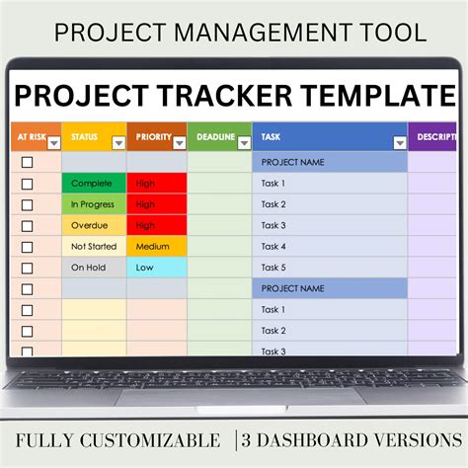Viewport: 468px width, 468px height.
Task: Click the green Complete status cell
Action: pyautogui.click(x=93, y=183)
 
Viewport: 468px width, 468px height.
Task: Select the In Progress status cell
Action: pyautogui.click(x=93, y=203)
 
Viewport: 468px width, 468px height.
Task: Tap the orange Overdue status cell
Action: pyautogui.click(x=93, y=225)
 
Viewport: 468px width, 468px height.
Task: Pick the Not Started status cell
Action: pyautogui.click(x=93, y=246)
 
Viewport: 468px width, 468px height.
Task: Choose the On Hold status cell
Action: pyautogui.click(x=93, y=268)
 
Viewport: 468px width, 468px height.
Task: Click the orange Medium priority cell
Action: pyautogui.click(x=156, y=246)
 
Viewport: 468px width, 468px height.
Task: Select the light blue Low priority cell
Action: pyautogui.click(x=156, y=268)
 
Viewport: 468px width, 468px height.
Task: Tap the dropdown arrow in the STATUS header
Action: pyautogui.click(x=118, y=142)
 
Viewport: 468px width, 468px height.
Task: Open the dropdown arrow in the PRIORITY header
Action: pyautogui.click(x=179, y=142)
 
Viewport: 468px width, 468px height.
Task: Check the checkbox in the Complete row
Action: pyautogui.click(x=27, y=183)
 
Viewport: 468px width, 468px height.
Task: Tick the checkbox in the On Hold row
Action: pyautogui.click(x=27, y=268)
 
